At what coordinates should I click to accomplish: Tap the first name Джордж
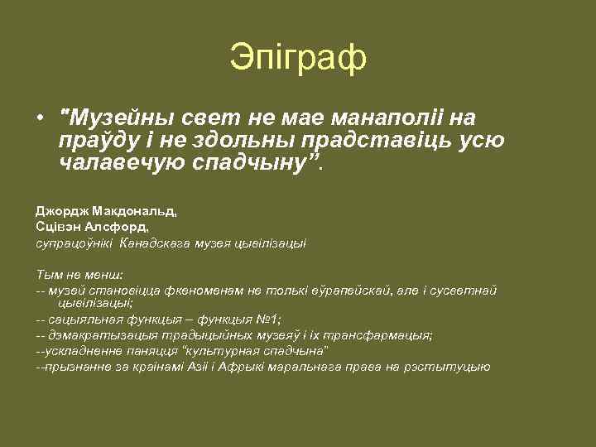point(58,212)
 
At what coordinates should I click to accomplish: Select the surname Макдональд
point(130,212)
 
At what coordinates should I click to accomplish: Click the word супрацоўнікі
point(74,243)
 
